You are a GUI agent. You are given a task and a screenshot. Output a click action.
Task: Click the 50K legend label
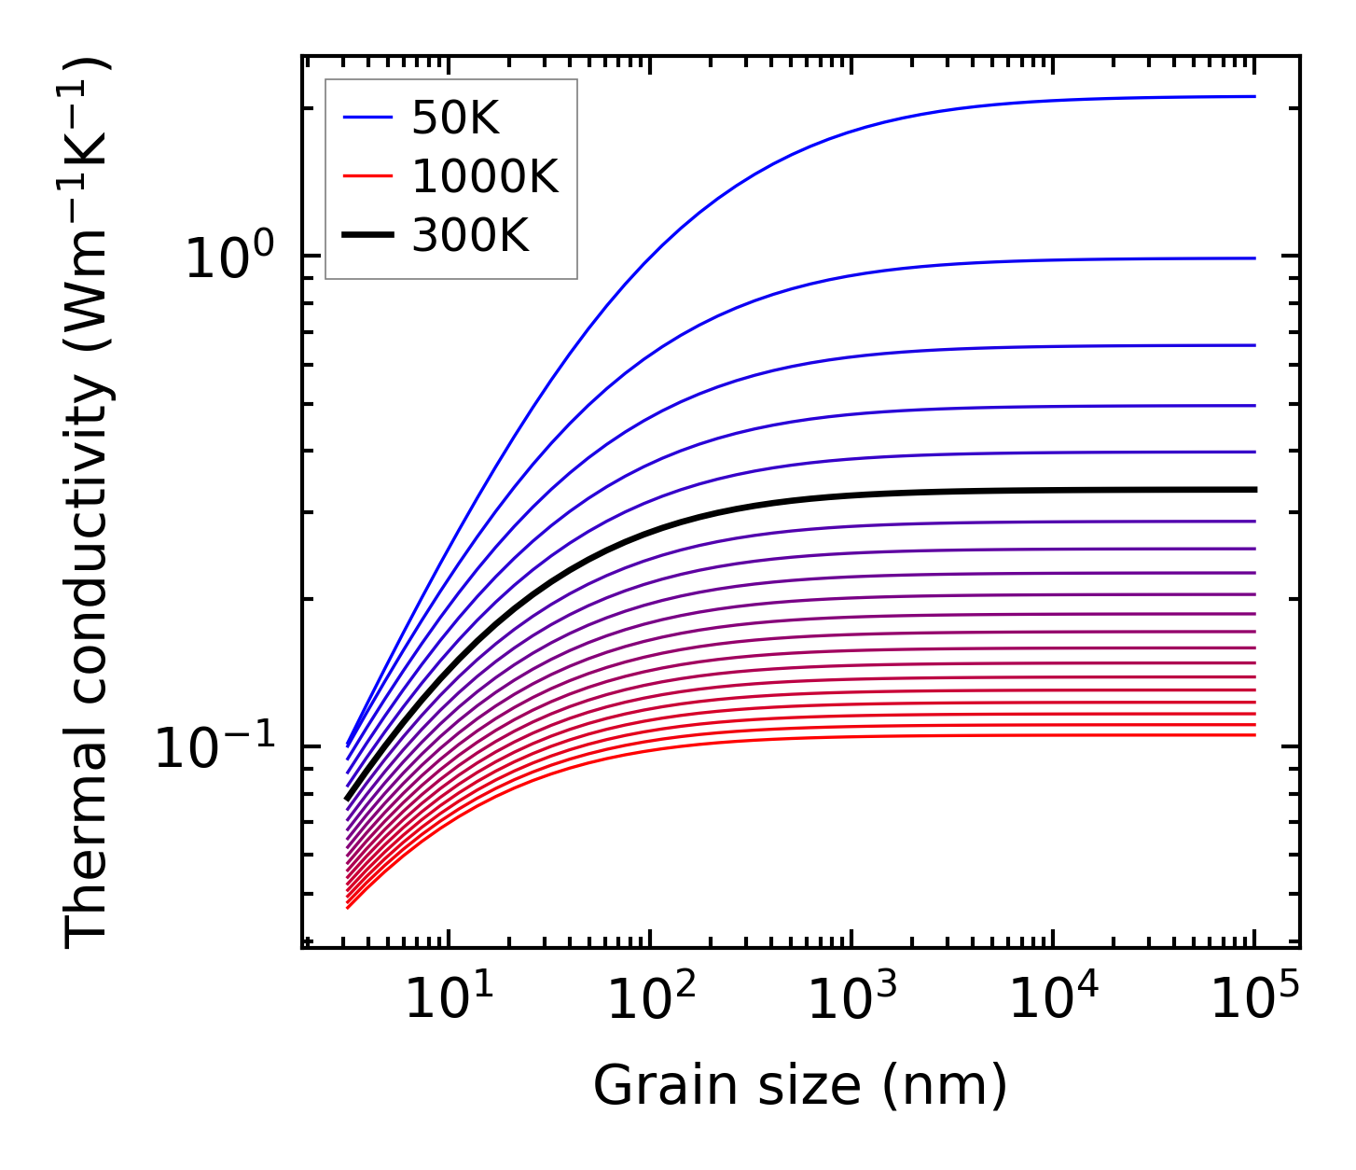pos(455,118)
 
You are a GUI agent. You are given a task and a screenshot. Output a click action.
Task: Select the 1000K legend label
pos(484,177)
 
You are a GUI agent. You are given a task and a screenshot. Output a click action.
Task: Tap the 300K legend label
pos(469,237)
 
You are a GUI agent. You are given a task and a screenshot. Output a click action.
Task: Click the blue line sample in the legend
pos(369,118)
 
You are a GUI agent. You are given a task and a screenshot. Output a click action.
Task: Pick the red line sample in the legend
pos(369,177)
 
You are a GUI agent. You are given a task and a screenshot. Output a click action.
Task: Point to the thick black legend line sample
pos(369,237)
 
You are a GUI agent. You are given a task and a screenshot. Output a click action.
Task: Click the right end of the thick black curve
pos(1254,490)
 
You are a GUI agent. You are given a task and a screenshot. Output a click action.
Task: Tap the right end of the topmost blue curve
pos(1254,96)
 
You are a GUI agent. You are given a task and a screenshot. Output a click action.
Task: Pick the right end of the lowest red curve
pos(1254,735)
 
